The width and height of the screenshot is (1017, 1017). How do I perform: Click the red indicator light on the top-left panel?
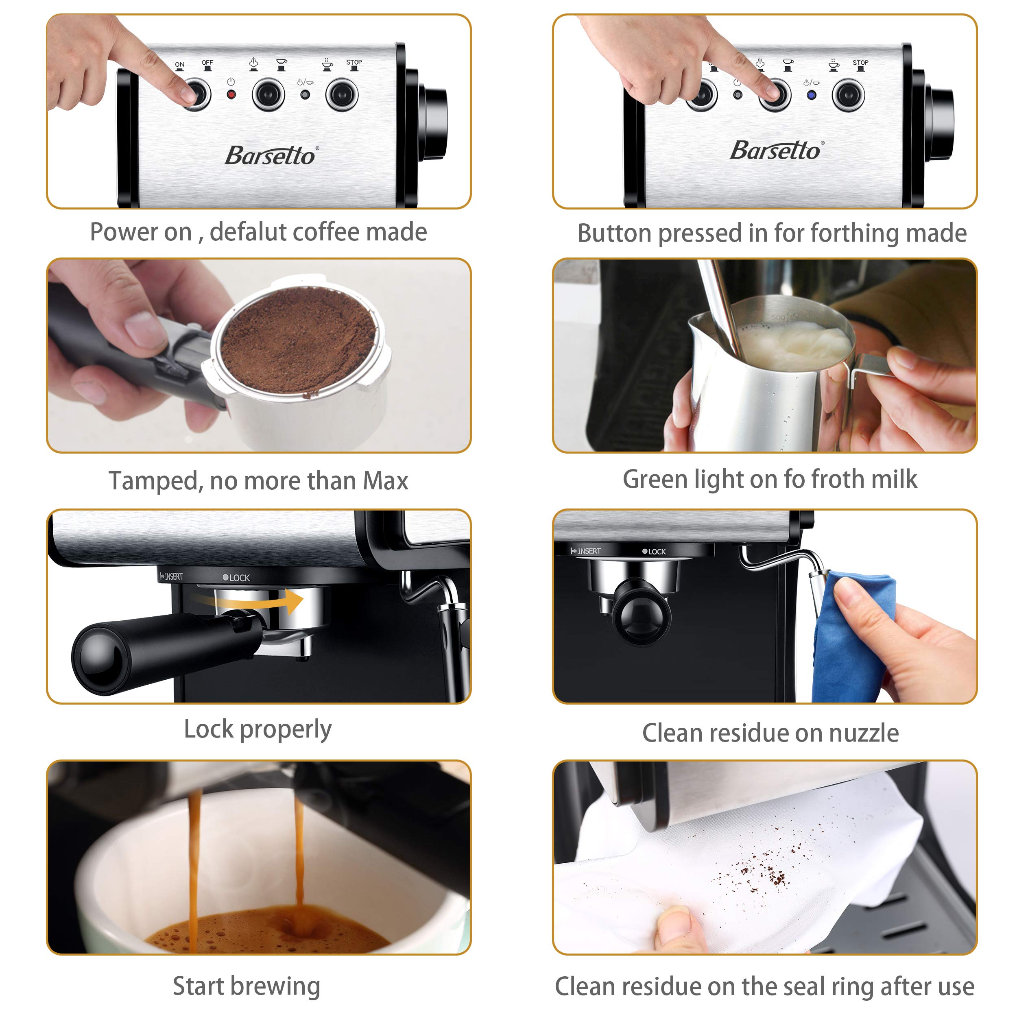pos(231,95)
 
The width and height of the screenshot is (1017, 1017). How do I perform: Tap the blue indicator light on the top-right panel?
pos(811,95)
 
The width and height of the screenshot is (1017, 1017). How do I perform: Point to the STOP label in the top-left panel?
pos(354,62)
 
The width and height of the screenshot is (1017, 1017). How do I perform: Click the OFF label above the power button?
pos(207,63)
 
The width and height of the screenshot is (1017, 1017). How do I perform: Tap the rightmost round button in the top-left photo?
pos(342,95)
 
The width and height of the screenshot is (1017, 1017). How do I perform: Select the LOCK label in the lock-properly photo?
pos(236,578)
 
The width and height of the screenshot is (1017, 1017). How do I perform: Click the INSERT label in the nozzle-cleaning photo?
pos(586,551)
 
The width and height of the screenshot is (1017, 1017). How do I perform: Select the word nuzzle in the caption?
pos(863,733)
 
